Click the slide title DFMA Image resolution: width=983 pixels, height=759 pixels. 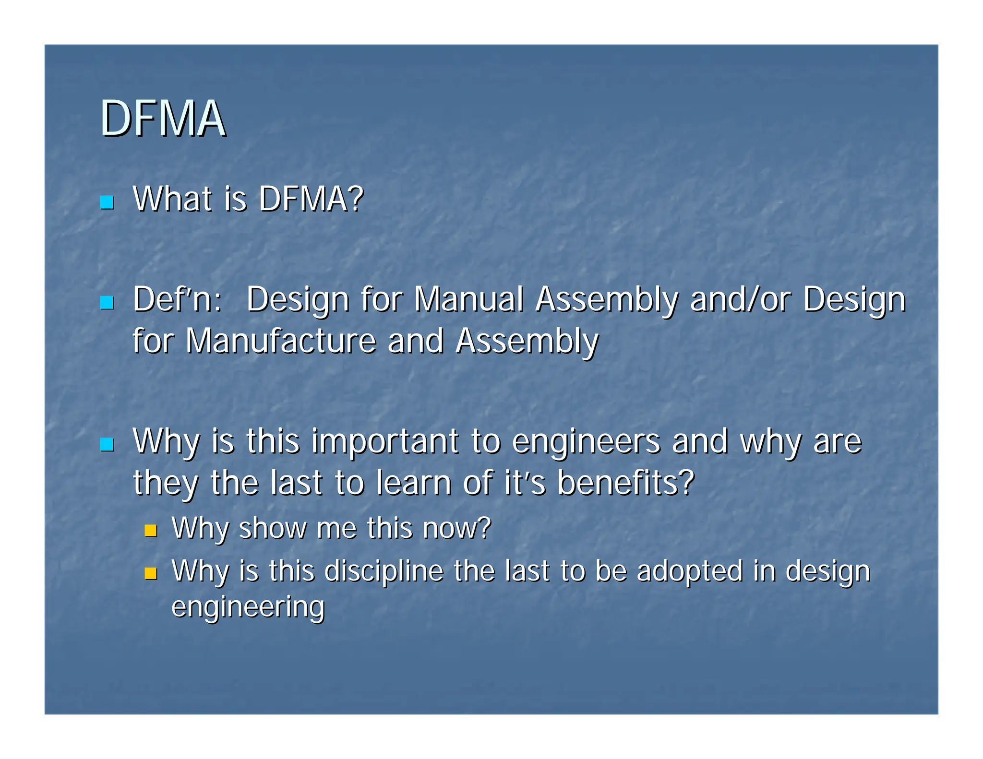click(x=162, y=119)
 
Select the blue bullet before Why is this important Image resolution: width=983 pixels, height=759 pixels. click(x=107, y=444)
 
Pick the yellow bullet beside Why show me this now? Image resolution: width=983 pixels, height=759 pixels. click(x=151, y=530)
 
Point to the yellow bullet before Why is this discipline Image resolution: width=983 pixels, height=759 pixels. click(x=151, y=573)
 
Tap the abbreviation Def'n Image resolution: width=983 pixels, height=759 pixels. click(x=177, y=299)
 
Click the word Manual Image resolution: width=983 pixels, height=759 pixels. click(x=468, y=299)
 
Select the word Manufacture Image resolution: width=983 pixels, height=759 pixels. click(x=281, y=341)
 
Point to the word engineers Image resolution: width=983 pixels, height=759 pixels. click(x=586, y=441)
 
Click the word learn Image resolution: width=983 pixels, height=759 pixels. click(x=413, y=483)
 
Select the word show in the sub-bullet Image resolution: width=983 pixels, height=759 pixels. click(x=272, y=528)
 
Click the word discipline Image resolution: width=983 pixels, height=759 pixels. click(x=384, y=571)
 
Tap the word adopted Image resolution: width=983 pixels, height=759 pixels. click(x=690, y=571)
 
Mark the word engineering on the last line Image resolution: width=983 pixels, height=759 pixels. click(x=248, y=607)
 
